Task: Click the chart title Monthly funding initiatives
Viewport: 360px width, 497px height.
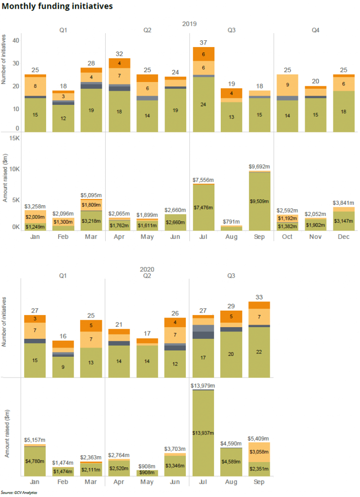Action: coord(57,6)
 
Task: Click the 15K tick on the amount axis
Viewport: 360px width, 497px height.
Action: coord(13,138)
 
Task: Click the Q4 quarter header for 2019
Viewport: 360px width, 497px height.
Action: coord(315,30)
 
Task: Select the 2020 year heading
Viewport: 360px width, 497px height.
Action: coord(189,268)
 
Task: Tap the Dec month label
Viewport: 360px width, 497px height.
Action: coord(344,236)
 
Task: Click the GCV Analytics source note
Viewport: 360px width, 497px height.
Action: coord(19,492)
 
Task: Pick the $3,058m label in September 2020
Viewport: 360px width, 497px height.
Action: coord(259,451)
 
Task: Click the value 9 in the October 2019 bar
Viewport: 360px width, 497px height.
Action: coord(287,84)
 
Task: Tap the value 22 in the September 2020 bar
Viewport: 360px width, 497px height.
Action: coord(259,351)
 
